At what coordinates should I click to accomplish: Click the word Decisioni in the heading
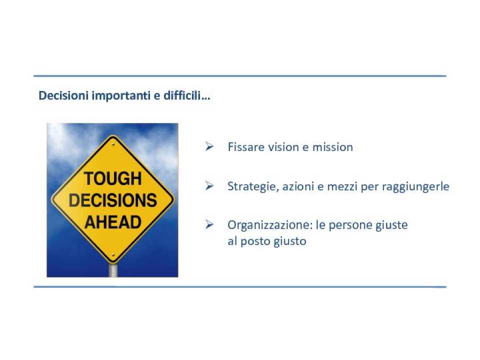tap(63, 96)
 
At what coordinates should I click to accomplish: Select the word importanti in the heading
tap(121, 96)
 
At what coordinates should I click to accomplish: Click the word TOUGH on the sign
tap(113, 178)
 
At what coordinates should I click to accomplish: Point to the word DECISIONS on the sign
tap(113, 200)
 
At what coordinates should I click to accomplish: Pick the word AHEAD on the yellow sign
tap(113, 222)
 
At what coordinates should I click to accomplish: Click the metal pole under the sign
tap(113, 270)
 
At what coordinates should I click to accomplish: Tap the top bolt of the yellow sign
tap(113, 144)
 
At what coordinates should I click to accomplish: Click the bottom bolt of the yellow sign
tap(113, 255)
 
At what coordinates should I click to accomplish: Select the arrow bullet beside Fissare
tap(209, 146)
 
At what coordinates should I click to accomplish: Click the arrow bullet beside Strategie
tap(209, 185)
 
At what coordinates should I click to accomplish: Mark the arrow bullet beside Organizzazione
tap(209, 224)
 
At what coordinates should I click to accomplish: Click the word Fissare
tap(246, 147)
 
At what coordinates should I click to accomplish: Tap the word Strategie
tap(253, 186)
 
